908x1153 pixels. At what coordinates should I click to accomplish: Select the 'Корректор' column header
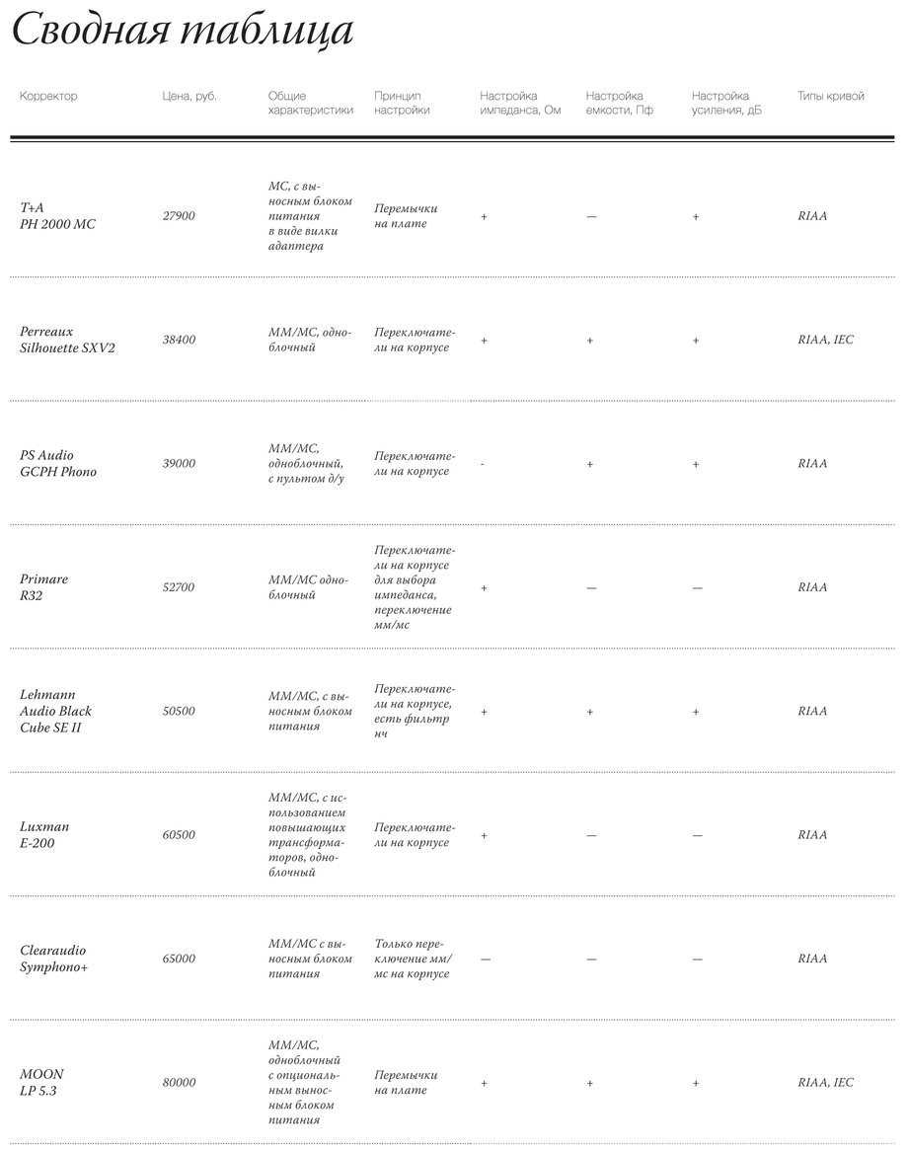click(48, 97)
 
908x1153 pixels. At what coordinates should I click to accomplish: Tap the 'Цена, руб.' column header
click(189, 97)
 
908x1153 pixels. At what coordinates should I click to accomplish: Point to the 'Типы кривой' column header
click(830, 97)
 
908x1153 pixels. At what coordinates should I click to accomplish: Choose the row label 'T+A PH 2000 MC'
click(57, 216)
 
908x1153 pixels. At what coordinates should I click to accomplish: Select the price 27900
click(179, 216)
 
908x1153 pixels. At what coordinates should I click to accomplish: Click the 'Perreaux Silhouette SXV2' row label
click(67, 340)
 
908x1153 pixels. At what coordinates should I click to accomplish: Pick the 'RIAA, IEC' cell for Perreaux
click(825, 340)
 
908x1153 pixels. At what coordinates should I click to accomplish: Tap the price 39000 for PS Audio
click(179, 464)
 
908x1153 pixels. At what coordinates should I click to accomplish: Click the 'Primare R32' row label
click(44, 587)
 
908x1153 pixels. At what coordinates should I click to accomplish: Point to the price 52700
click(179, 587)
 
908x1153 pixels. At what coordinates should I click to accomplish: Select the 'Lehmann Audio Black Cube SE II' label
click(55, 711)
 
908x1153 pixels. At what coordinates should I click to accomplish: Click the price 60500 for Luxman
click(179, 835)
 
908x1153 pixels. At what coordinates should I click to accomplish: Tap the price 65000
click(179, 959)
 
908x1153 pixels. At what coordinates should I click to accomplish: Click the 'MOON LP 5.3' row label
click(41, 1083)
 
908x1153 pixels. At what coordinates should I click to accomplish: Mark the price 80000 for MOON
click(179, 1083)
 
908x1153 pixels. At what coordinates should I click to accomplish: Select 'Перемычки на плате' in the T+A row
click(406, 216)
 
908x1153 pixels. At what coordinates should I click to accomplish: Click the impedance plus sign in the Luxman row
click(484, 835)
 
